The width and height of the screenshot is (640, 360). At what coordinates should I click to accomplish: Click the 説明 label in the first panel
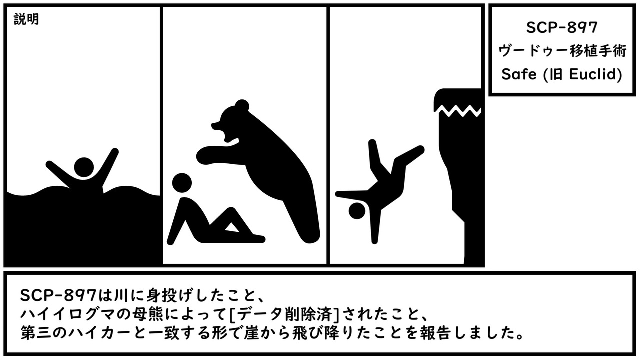point(26,19)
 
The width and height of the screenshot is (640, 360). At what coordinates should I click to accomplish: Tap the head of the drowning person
point(84,167)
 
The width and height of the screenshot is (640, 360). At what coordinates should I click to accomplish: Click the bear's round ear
point(242,105)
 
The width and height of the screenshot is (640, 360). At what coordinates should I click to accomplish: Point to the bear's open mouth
point(225,133)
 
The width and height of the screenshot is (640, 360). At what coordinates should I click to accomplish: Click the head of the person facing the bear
point(182,183)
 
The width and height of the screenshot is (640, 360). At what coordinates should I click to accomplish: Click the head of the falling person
point(357,211)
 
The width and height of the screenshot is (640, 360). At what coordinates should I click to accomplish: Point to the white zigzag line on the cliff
point(457,111)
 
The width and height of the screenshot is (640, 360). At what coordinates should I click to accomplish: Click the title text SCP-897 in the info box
point(562,27)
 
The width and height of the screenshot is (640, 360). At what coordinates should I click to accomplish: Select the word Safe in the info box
point(519,74)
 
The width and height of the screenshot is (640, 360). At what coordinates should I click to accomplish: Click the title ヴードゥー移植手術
point(562,51)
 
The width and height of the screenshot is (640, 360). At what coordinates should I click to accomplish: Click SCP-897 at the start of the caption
point(58,295)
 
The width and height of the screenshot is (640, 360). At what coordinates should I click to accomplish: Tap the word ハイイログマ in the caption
point(67,315)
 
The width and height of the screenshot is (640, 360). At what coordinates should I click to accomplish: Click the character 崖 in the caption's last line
point(251,333)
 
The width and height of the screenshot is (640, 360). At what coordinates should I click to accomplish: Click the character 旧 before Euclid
point(556,74)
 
